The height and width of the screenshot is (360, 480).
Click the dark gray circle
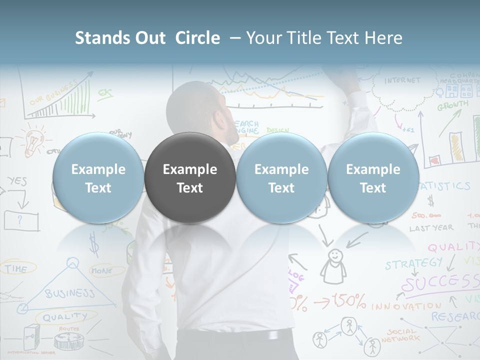pos(190,178)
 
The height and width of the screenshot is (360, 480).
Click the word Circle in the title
pos(197,38)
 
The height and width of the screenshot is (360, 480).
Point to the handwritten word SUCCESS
pos(440,283)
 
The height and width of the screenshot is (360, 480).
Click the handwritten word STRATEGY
pos(413,263)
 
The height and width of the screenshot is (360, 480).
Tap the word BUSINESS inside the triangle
pos(69,292)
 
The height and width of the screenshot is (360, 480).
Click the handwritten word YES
pos(17,181)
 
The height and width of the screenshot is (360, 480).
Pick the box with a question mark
pos(21,220)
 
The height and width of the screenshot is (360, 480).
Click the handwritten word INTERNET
pos(402,80)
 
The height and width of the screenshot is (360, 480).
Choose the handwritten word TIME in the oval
pos(16,269)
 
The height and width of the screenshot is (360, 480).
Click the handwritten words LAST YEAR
pos(431,228)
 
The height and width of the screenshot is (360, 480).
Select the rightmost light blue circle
pos(373,178)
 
